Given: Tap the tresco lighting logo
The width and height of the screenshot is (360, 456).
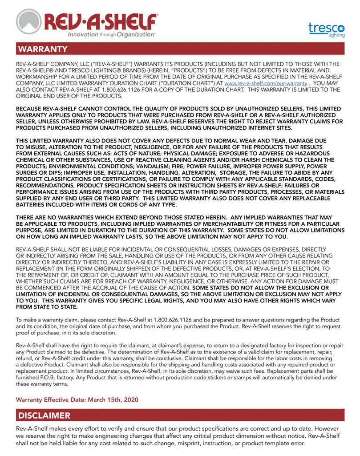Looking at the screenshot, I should pos(326,29).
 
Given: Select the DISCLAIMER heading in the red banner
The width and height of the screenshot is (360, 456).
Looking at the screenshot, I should pos(44,415).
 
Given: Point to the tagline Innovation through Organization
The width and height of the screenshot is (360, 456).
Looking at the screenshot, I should pos(111,34).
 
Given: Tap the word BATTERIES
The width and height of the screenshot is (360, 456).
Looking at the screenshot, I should pos(32,205).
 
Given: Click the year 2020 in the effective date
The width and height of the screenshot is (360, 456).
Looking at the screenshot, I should pos(129,399).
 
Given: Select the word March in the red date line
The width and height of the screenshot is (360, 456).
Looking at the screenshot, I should pos(92,399).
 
